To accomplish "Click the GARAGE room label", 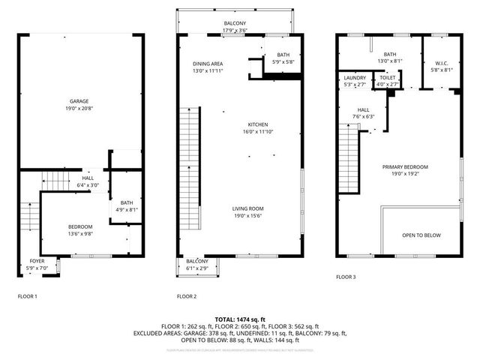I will (80, 100).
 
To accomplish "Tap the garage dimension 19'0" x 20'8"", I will (80, 109).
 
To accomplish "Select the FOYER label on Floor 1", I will (37, 261).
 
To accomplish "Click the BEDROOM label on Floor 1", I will (80, 226).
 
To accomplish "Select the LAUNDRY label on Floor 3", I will (355, 77).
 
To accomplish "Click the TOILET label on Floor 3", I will (388, 77).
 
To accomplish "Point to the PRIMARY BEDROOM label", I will (405, 166).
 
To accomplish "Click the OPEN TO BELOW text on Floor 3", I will (421, 235).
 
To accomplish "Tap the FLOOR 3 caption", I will (346, 277).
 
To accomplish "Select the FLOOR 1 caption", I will (27, 296).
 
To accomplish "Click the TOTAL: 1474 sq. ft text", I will (240, 319).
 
